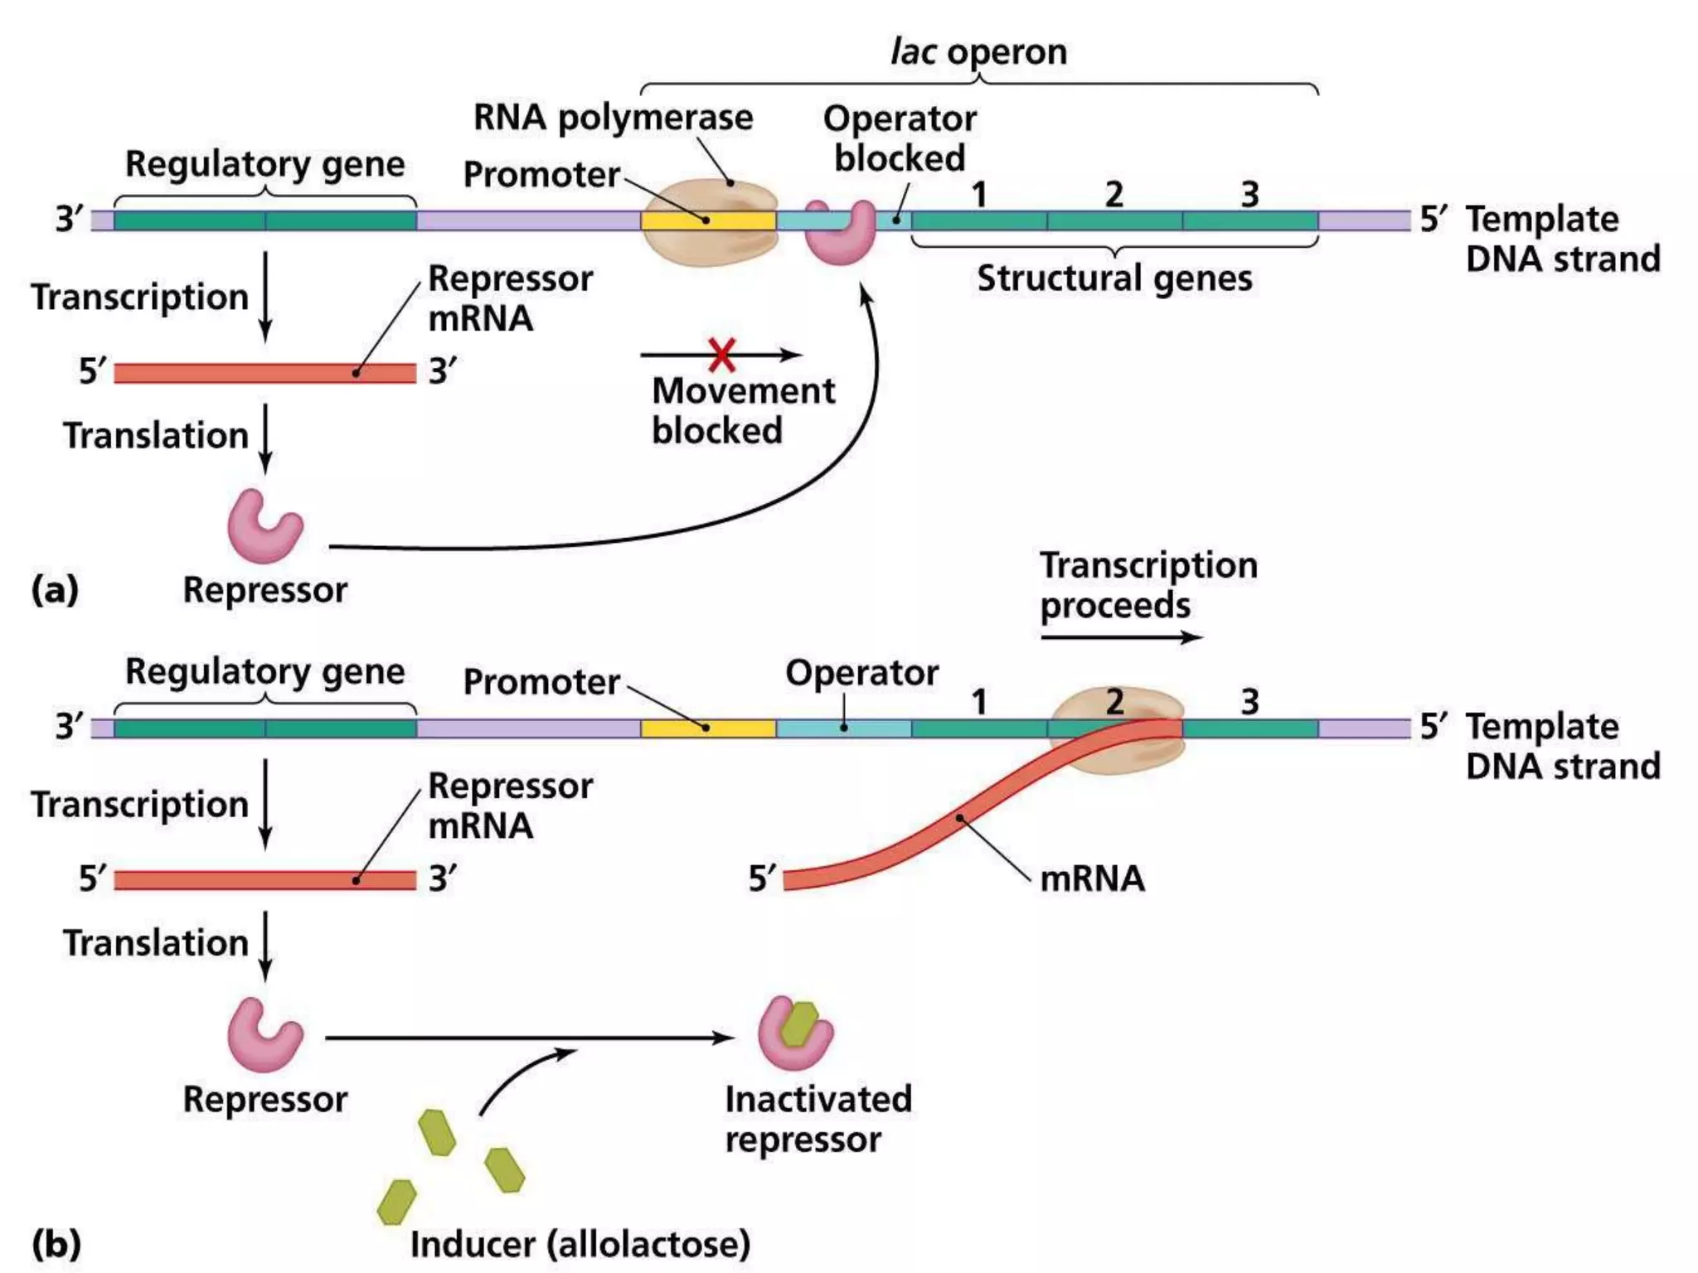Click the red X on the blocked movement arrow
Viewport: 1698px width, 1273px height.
(x=721, y=355)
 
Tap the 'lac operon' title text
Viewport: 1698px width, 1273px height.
(x=978, y=51)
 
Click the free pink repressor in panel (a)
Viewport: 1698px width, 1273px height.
(x=264, y=527)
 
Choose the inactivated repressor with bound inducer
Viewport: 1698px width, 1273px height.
(x=794, y=1033)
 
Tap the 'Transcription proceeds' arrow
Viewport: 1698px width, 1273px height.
(x=1121, y=636)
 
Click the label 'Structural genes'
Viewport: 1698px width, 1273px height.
(x=1113, y=278)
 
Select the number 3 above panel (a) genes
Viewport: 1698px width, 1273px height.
(x=1249, y=195)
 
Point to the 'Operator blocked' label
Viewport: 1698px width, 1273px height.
(x=900, y=138)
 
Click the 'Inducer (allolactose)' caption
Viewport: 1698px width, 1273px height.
(x=580, y=1243)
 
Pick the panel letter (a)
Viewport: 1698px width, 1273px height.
(x=55, y=589)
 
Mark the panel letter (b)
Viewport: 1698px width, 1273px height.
(x=56, y=1243)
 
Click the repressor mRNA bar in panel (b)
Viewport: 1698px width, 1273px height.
(x=264, y=880)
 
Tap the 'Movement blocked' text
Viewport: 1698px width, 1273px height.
(x=742, y=410)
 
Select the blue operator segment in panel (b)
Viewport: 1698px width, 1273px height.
(x=843, y=728)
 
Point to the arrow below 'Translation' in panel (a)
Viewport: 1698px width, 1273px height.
(x=265, y=439)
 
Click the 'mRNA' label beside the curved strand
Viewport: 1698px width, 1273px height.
(x=1092, y=879)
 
